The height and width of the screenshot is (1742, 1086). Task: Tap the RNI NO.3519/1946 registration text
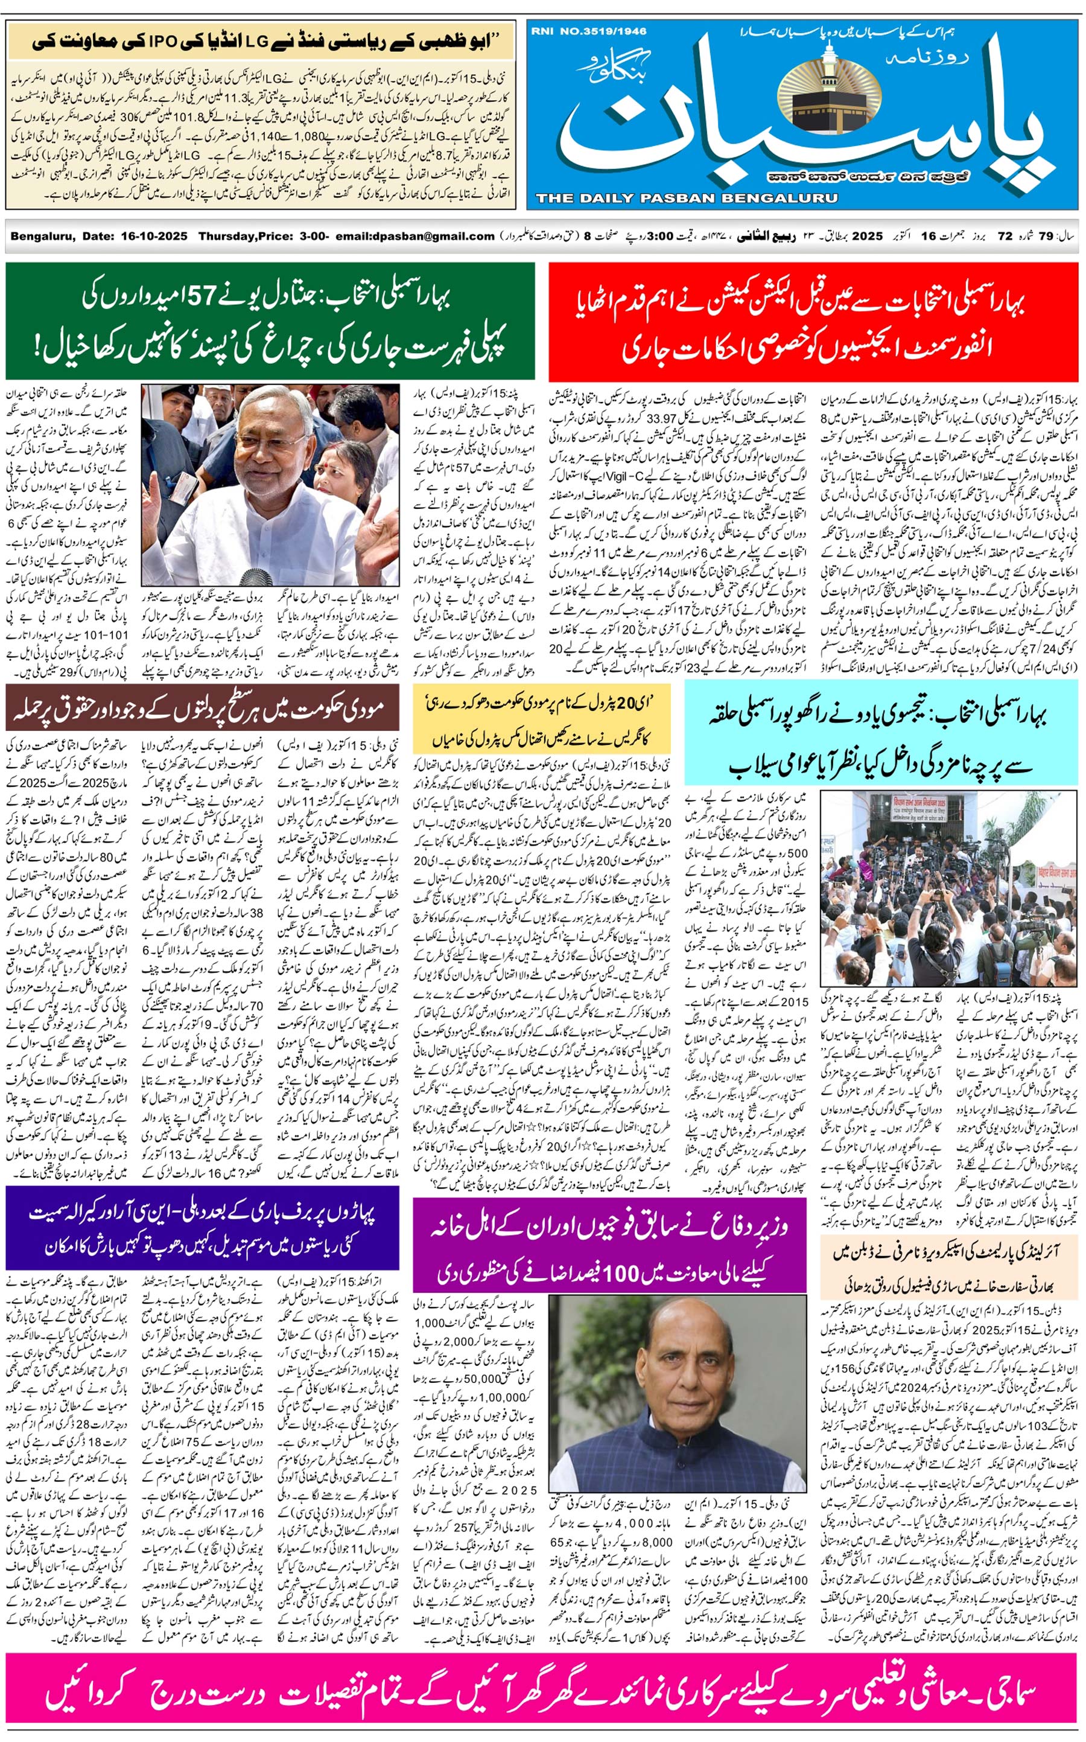click(589, 31)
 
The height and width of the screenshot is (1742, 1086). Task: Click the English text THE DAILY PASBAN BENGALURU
click(686, 198)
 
